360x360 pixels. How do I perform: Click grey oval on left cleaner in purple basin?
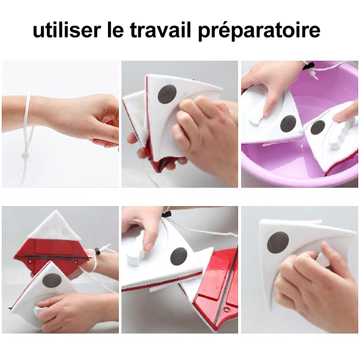click(288, 123)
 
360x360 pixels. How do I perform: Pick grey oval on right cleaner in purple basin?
click(318, 127)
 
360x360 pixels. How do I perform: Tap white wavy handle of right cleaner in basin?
click(337, 135)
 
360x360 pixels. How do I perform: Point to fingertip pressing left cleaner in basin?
click(269, 110)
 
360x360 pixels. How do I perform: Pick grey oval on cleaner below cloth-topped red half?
click(52, 281)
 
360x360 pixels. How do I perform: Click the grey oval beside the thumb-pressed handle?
click(179, 256)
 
